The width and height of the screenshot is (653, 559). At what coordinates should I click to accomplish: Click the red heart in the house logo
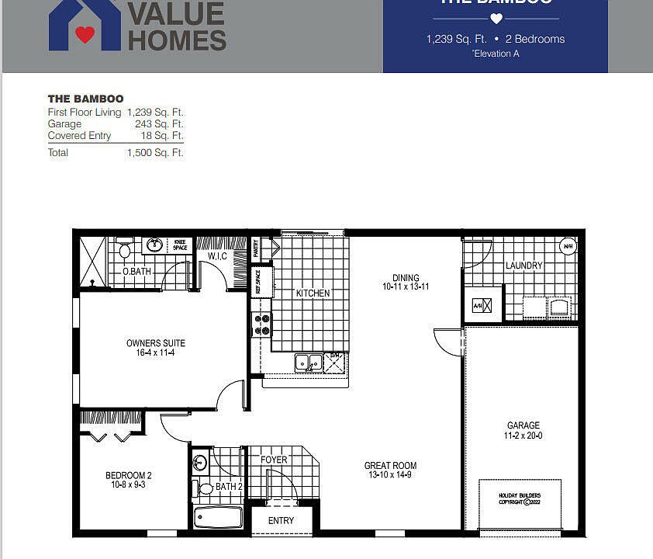click(85, 34)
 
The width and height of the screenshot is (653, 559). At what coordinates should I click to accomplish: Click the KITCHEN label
click(313, 293)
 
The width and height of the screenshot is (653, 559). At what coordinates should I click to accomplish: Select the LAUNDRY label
click(524, 266)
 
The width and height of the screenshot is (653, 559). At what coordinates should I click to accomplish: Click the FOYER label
click(274, 460)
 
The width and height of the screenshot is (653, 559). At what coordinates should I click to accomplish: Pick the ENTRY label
click(281, 520)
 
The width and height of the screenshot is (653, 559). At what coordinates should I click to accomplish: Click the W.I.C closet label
click(217, 256)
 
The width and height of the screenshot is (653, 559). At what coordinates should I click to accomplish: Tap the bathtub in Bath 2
click(218, 516)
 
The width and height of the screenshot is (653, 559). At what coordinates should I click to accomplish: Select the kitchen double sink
click(308, 362)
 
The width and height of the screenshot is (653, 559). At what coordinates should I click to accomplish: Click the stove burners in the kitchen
click(262, 325)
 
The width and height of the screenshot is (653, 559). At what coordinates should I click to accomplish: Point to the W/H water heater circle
click(568, 247)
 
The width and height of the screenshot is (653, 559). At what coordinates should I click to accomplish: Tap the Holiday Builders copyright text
click(520, 498)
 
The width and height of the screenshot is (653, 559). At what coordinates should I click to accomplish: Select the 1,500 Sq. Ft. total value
click(155, 153)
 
